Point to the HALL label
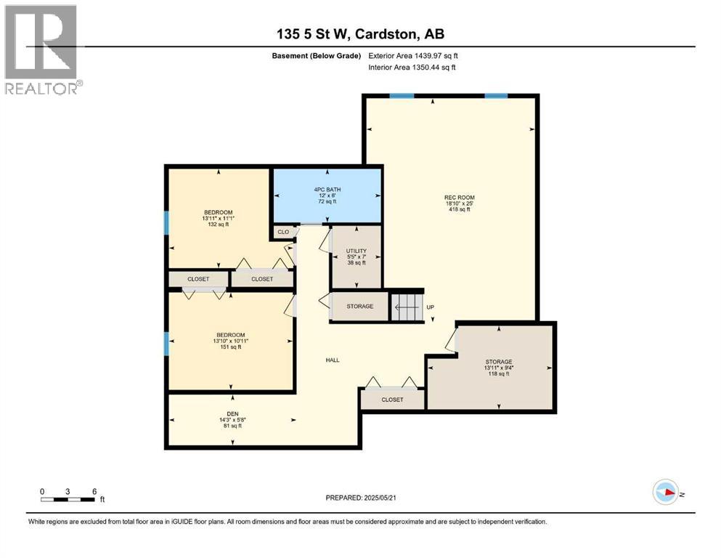[333, 360]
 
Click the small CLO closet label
[283, 232]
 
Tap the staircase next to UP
[406, 307]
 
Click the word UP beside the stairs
[431, 307]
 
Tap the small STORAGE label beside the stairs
[360, 307]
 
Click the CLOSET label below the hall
[392, 400]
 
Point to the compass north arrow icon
[666, 492]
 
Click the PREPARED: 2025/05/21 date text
[361, 498]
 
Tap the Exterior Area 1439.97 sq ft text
[413, 56]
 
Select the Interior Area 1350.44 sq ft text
[412, 67]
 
